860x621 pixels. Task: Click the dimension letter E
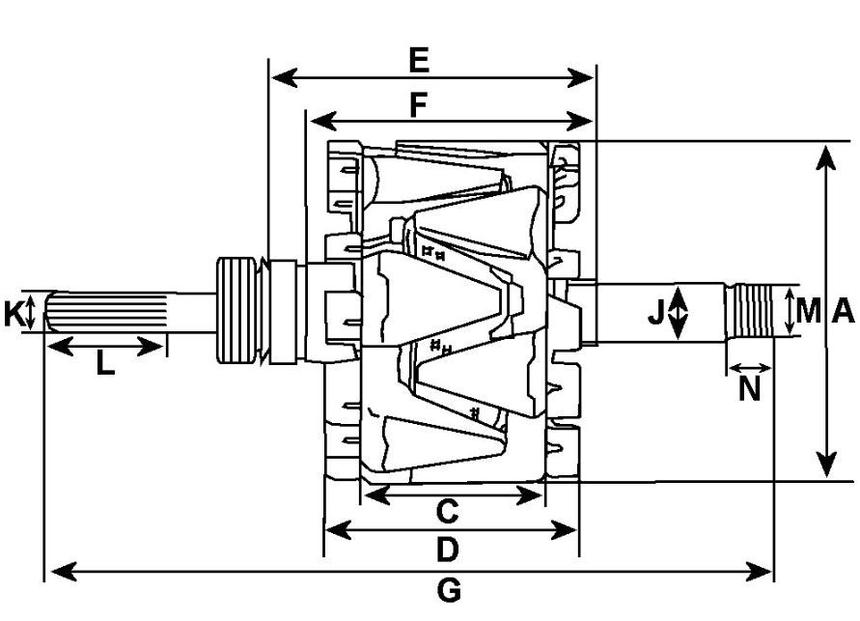pyautogui.click(x=417, y=60)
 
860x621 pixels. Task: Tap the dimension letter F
pyautogui.click(x=417, y=104)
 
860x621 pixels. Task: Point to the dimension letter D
pyautogui.click(x=446, y=550)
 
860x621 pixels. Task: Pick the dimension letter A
pyautogui.click(x=842, y=311)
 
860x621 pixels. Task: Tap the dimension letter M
pyautogui.click(x=809, y=311)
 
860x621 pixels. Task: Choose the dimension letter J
pyautogui.click(x=656, y=312)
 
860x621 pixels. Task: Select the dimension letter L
pyautogui.click(x=105, y=364)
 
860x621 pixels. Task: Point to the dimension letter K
pyautogui.click(x=13, y=314)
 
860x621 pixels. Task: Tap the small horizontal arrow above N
pyautogui.click(x=750, y=368)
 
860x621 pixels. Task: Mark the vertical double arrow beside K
pyautogui.click(x=32, y=313)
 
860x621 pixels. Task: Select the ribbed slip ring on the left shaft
pyautogui.click(x=238, y=309)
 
